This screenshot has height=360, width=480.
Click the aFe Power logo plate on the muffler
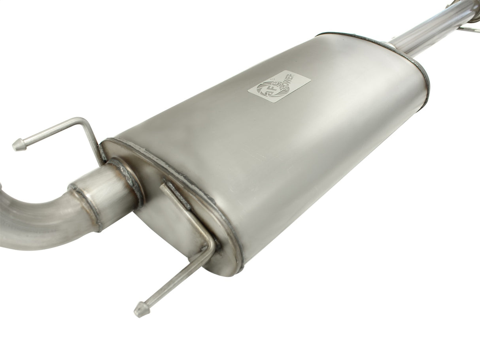click(x=279, y=86)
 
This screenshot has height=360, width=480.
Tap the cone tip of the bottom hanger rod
click(x=139, y=309)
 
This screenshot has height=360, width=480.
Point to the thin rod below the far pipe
click(x=471, y=29)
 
